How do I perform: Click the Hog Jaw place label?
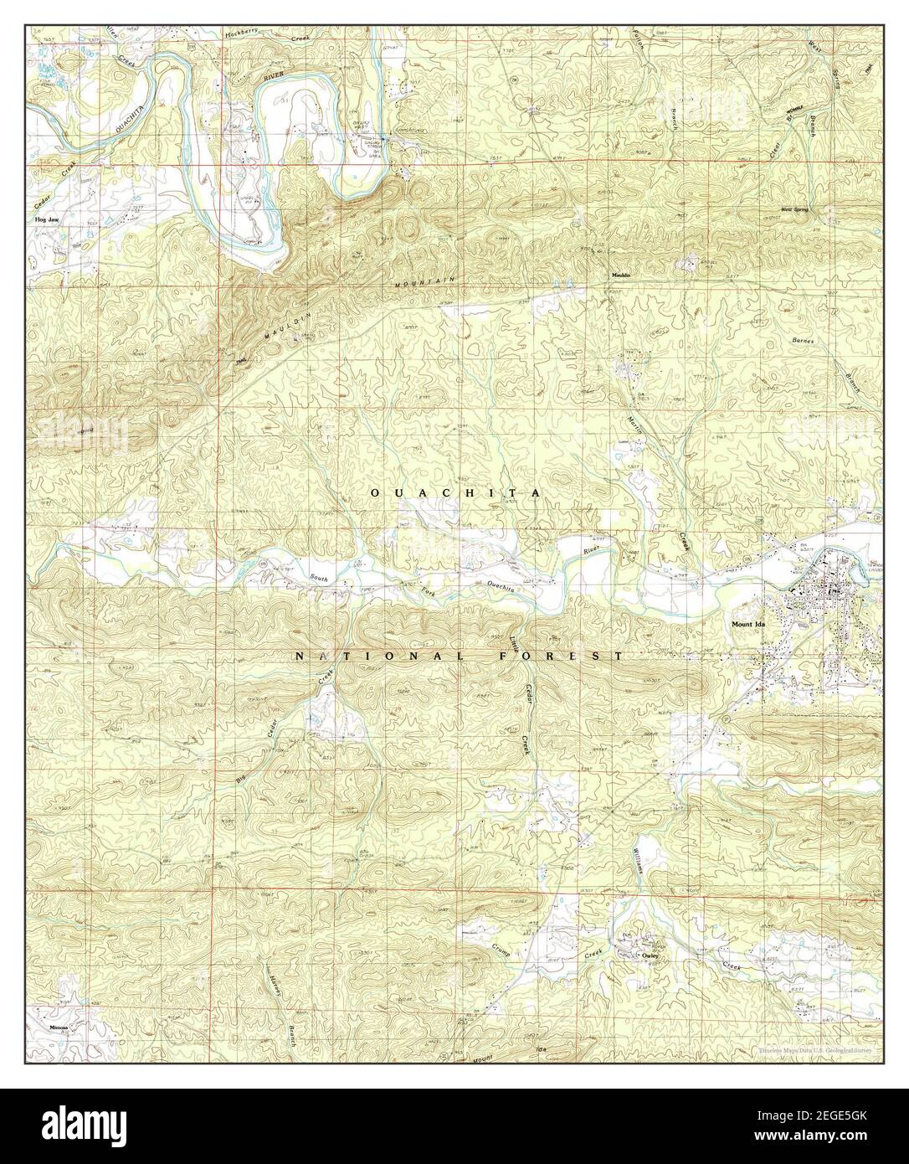pyautogui.click(x=46, y=220)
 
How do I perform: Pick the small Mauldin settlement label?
pyautogui.click(x=619, y=275)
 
